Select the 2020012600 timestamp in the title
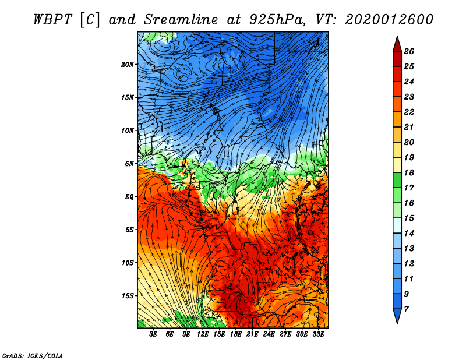389,19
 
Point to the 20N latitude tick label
128,64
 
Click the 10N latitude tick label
128,130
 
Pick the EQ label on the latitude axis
129,196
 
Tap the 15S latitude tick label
128,295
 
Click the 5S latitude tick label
129,230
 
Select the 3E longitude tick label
154,334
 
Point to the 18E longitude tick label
236,334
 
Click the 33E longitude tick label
318,334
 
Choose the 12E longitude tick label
203,334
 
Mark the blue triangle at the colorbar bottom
397,316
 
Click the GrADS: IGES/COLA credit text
33,355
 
